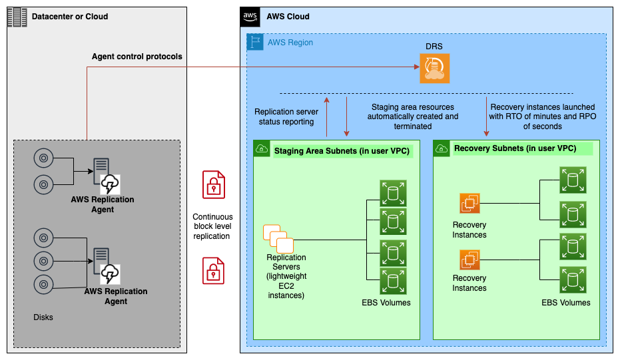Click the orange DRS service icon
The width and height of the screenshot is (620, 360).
tap(434, 69)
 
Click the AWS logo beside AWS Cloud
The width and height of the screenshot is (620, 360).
tap(250, 17)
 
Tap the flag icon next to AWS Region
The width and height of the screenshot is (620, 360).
tap(255, 42)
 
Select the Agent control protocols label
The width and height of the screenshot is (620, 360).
tap(137, 57)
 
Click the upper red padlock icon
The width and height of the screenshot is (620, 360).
tap(213, 184)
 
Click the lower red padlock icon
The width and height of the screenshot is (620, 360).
tap(213, 270)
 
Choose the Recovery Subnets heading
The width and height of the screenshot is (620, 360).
tap(515, 148)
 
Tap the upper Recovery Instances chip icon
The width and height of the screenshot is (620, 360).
tap(469, 204)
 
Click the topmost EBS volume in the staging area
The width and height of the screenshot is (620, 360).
tap(392, 193)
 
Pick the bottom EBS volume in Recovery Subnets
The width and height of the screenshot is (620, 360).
tap(572, 279)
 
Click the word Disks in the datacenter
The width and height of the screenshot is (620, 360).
tap(43, 317)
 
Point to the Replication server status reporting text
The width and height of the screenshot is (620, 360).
tap(286, 116)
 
